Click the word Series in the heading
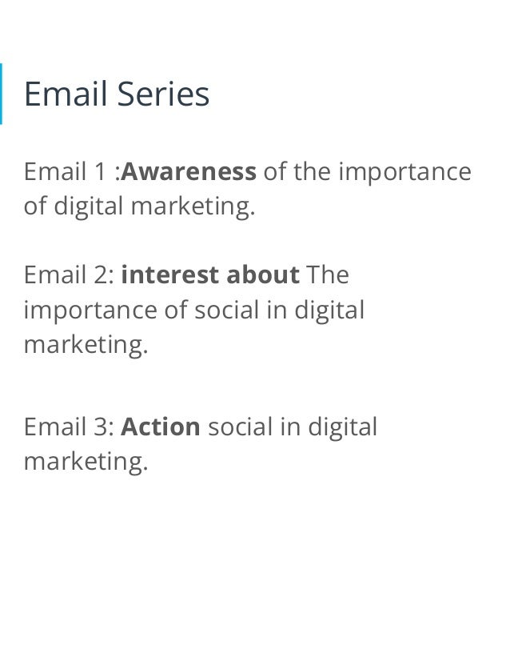163,94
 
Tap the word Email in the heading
66,94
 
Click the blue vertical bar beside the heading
1,94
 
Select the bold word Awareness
189,171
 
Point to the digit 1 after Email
100,171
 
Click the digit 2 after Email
102,274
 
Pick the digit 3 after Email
102,427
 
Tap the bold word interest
170,274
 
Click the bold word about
263,274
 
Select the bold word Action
160,427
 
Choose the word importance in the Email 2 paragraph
90,310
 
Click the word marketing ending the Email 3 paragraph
86,462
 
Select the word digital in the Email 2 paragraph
329,310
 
